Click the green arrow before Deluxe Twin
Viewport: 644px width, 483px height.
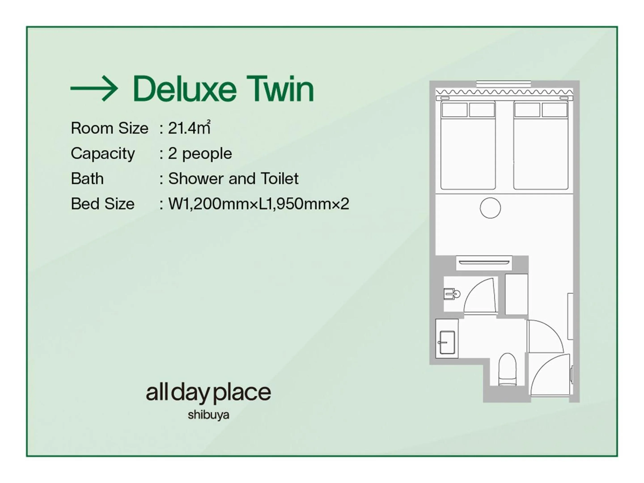coord(94,89)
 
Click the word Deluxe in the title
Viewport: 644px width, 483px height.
coord(184,89)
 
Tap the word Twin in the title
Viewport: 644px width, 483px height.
coord(280,89)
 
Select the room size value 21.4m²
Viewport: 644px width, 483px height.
coord(189,128)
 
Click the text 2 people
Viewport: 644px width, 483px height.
coord(200,153)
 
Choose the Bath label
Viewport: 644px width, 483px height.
coord(87,178)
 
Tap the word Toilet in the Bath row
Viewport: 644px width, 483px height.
coord(280,178)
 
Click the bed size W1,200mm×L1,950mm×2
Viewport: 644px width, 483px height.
coord(258,204)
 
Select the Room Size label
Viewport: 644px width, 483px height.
coord(110,128)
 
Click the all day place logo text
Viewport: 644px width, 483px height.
coord(208,393)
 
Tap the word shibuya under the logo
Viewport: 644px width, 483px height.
coord(208,415)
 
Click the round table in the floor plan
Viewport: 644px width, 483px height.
coord(490,208)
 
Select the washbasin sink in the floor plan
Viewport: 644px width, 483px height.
coord(447,342)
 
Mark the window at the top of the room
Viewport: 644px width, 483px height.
coord(503,84)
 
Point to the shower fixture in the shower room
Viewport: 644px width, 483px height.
coord(452,294)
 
